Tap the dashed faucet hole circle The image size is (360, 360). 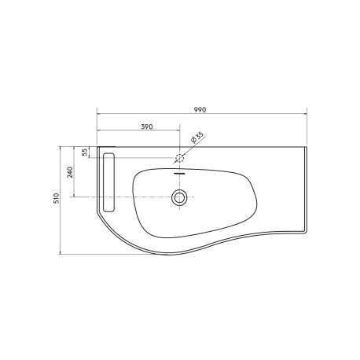click(180, 157)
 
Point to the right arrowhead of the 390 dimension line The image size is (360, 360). click(178, 131)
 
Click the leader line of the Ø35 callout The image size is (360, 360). click(189, 149)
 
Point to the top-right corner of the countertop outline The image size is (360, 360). click(306, 146)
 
